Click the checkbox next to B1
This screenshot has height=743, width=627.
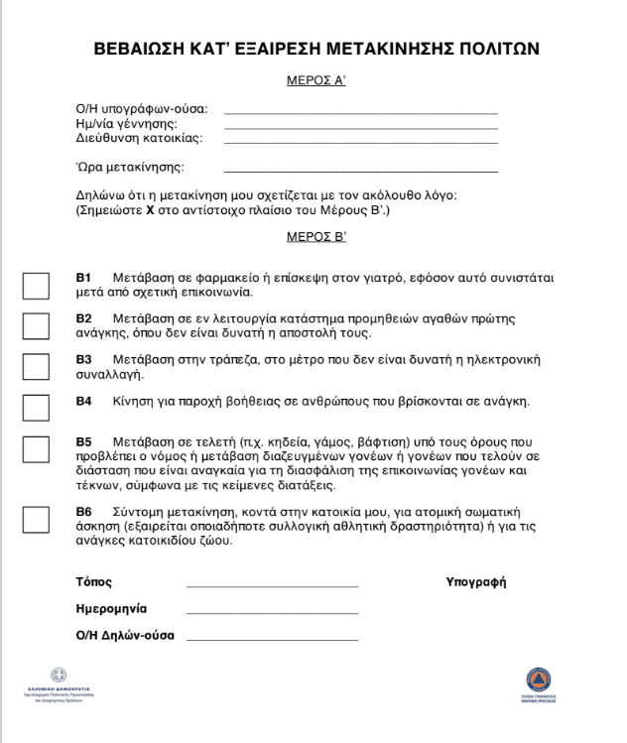click(36, 285)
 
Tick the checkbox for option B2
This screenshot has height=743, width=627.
click(36, 325)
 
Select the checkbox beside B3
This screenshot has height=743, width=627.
click(36, 366)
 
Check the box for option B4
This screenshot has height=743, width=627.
click(36, 408)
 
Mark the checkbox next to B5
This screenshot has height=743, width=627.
click(36, 449)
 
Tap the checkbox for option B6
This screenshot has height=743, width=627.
click(36, 520)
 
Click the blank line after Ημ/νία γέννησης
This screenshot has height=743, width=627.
click(361, 127)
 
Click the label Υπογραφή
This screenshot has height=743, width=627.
click(476, 581)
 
